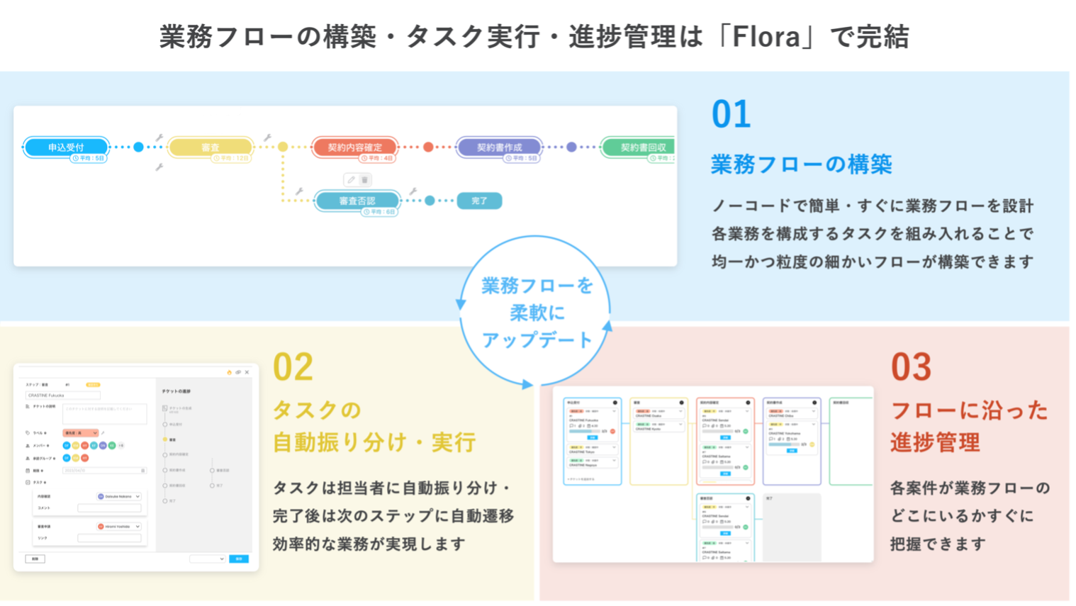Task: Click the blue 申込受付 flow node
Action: click(x=66, y=147)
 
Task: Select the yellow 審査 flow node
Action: click(x=210, y=147)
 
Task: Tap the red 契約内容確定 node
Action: click(x=354, y=147)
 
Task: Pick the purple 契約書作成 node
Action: click(x=499, y=147)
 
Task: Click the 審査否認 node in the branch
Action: click(x=357, y=201)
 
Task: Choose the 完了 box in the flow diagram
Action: click(x=479, y=201)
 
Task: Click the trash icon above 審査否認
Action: click(x=365, y=180)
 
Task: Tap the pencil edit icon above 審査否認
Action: click(x=351, y=180)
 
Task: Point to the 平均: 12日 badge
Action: click(x=232, y=158)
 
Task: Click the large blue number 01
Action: click(x=731, y=115)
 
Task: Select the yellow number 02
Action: click(x=293, y=367)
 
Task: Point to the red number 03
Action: click(x=911, y=367)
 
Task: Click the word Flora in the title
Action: click(x=766, y=37)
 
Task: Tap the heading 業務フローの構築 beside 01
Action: click(x=801, y=164)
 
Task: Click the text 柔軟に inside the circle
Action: click(x=537, y=313)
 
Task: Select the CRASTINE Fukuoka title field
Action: click(x=62, y=395)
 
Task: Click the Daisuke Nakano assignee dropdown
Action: click(x=119, y=496)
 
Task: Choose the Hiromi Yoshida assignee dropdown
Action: click(x=119, y=527)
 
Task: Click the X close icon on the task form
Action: click(x=247, y=372)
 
